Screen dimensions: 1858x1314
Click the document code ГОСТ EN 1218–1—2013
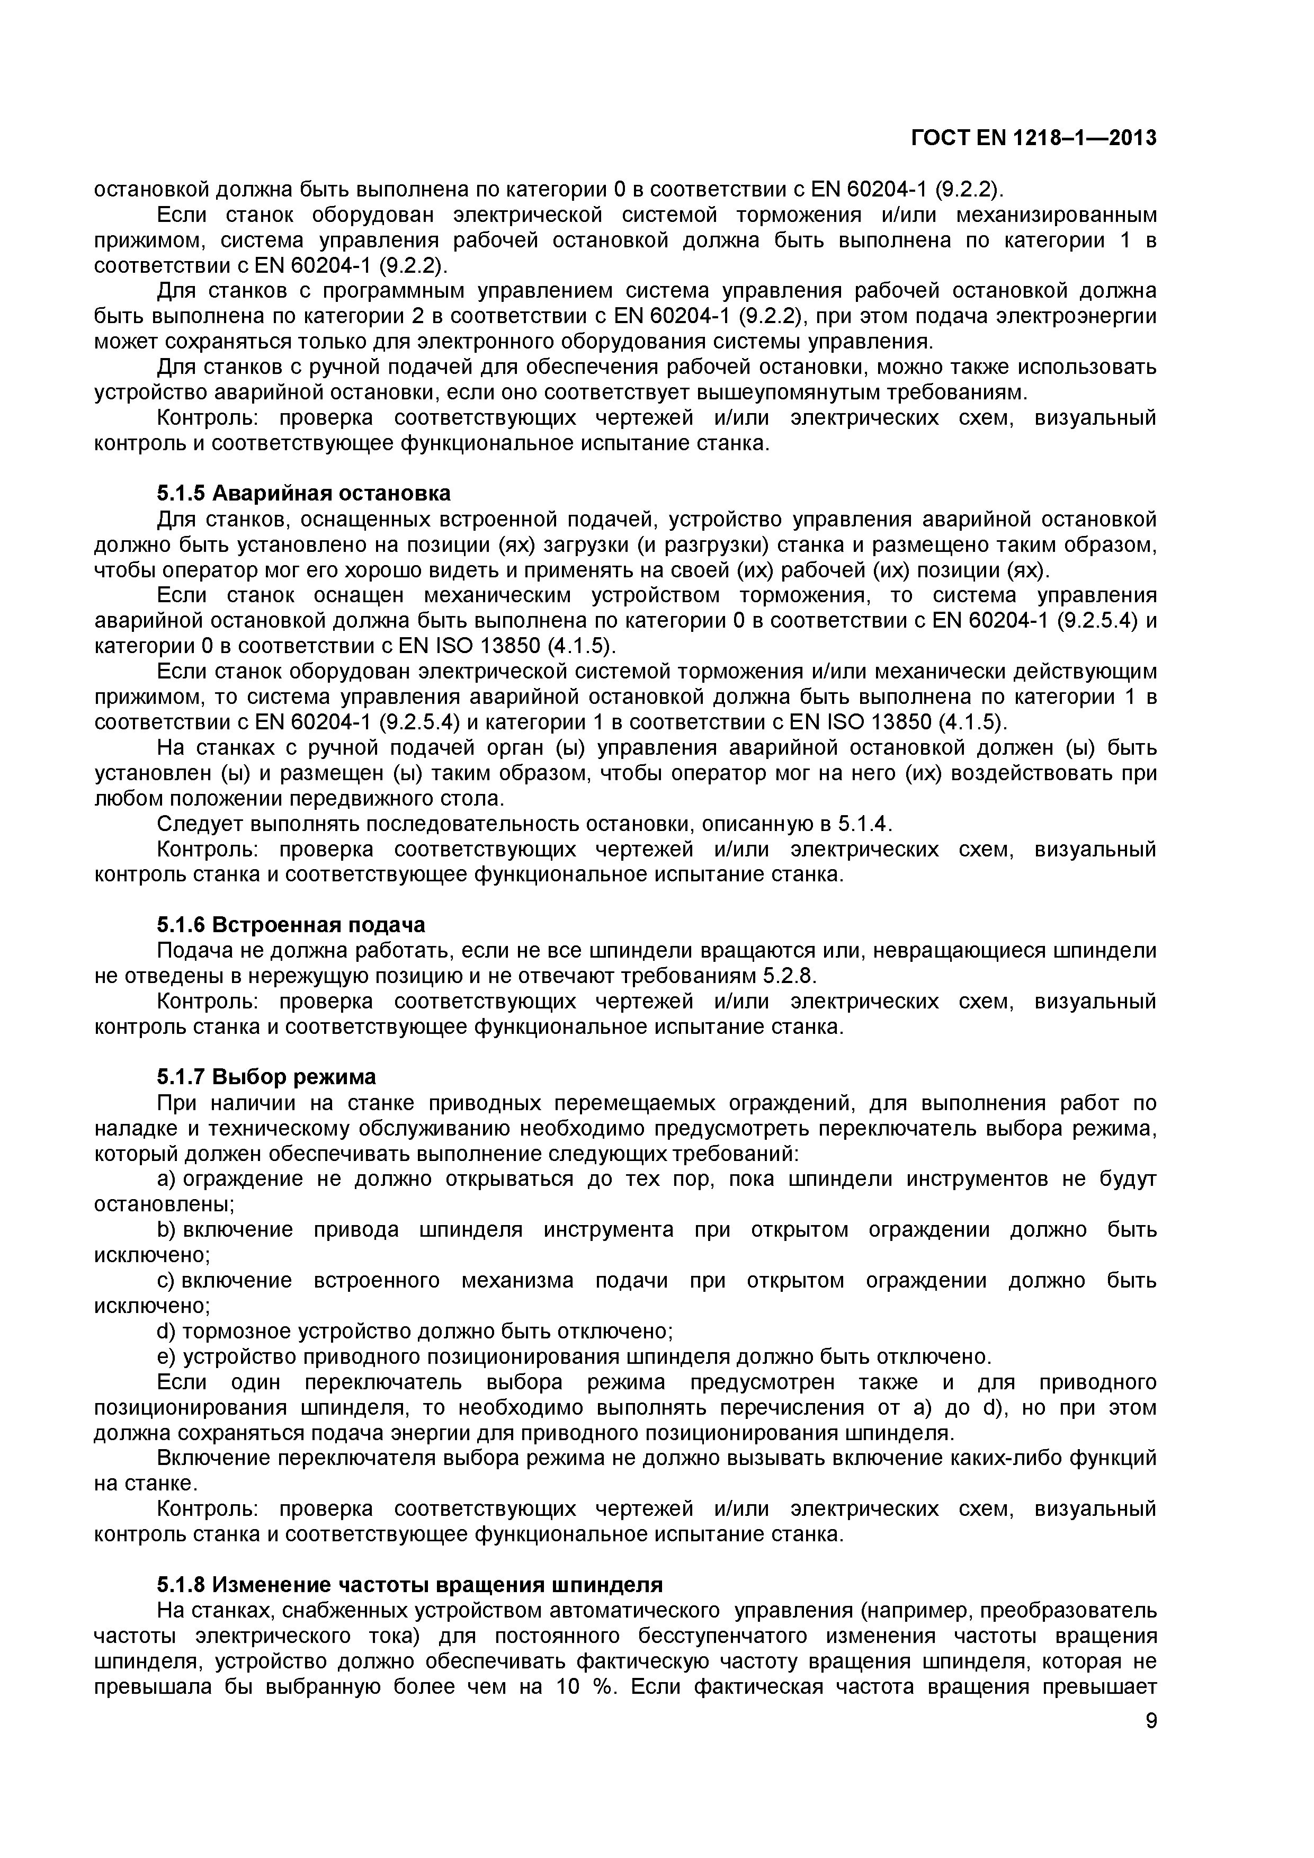click(1033, 138)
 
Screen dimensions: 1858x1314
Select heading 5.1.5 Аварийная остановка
click(303, 493)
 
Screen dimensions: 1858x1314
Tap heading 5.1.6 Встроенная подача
click(290, 924)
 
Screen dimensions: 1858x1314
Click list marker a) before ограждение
click(166, 1178)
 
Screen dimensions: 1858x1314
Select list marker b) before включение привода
click(166, 1229)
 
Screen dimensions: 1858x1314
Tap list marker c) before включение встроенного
click(165, 1280)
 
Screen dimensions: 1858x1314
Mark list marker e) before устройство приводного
click(166, 1356)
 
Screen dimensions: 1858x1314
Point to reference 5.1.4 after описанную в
click(863, 824)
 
